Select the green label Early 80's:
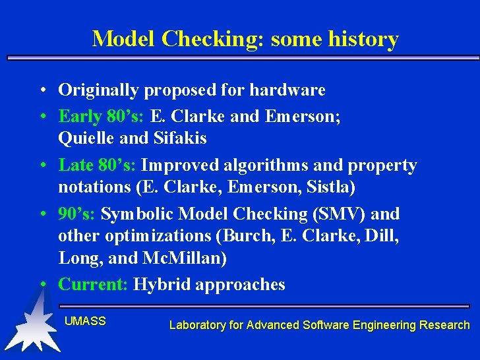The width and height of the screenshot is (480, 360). (102, 117)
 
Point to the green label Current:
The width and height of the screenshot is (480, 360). (93, 284)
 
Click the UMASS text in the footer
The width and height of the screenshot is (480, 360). (85, 321)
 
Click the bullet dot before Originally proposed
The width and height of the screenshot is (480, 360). (42, 90)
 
